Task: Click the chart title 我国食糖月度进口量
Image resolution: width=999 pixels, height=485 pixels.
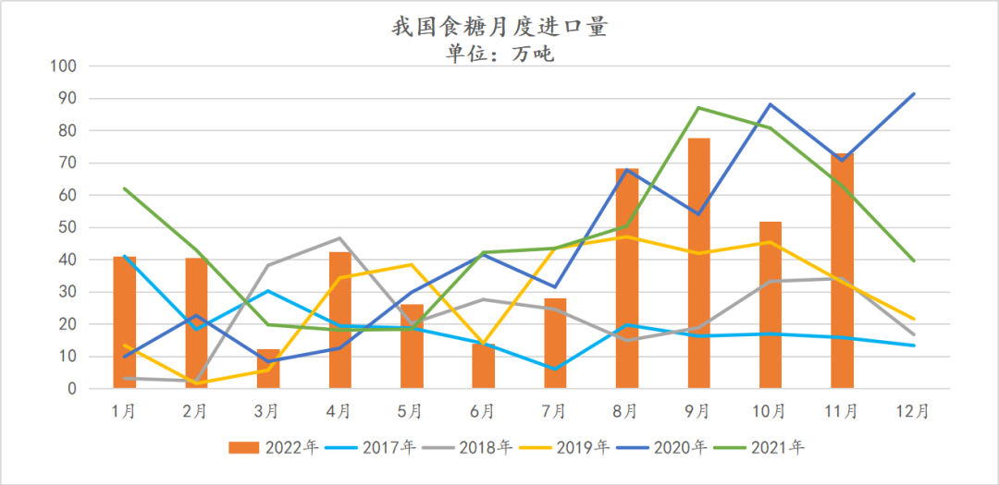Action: (x=499, y=27)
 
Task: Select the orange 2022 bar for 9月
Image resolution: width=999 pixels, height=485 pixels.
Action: (x=698, y=263)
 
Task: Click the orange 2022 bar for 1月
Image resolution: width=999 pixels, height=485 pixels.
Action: (x=125, y=322)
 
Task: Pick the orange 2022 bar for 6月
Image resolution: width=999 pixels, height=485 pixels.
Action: (x=484, y=366)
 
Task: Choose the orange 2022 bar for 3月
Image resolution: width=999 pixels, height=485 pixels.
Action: (x=268, y=369)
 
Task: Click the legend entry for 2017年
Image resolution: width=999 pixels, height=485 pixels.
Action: (x=376, y=448)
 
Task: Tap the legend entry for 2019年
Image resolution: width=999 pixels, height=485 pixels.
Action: (x=571, y=448)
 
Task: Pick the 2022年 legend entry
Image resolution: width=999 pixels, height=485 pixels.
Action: (x=275, y=448)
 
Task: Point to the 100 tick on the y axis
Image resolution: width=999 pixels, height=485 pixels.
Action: (x=64, y=67)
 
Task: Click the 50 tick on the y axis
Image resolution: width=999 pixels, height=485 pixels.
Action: (x=68, y=227)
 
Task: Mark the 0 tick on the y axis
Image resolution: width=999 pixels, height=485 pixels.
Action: (x=71, y=389)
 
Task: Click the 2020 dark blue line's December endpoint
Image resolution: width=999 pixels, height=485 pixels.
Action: (x=914, y=93)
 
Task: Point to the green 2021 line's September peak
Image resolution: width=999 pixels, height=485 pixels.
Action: (x=698, y=108)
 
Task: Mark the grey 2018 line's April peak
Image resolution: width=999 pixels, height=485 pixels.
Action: (x=339, y=238)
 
